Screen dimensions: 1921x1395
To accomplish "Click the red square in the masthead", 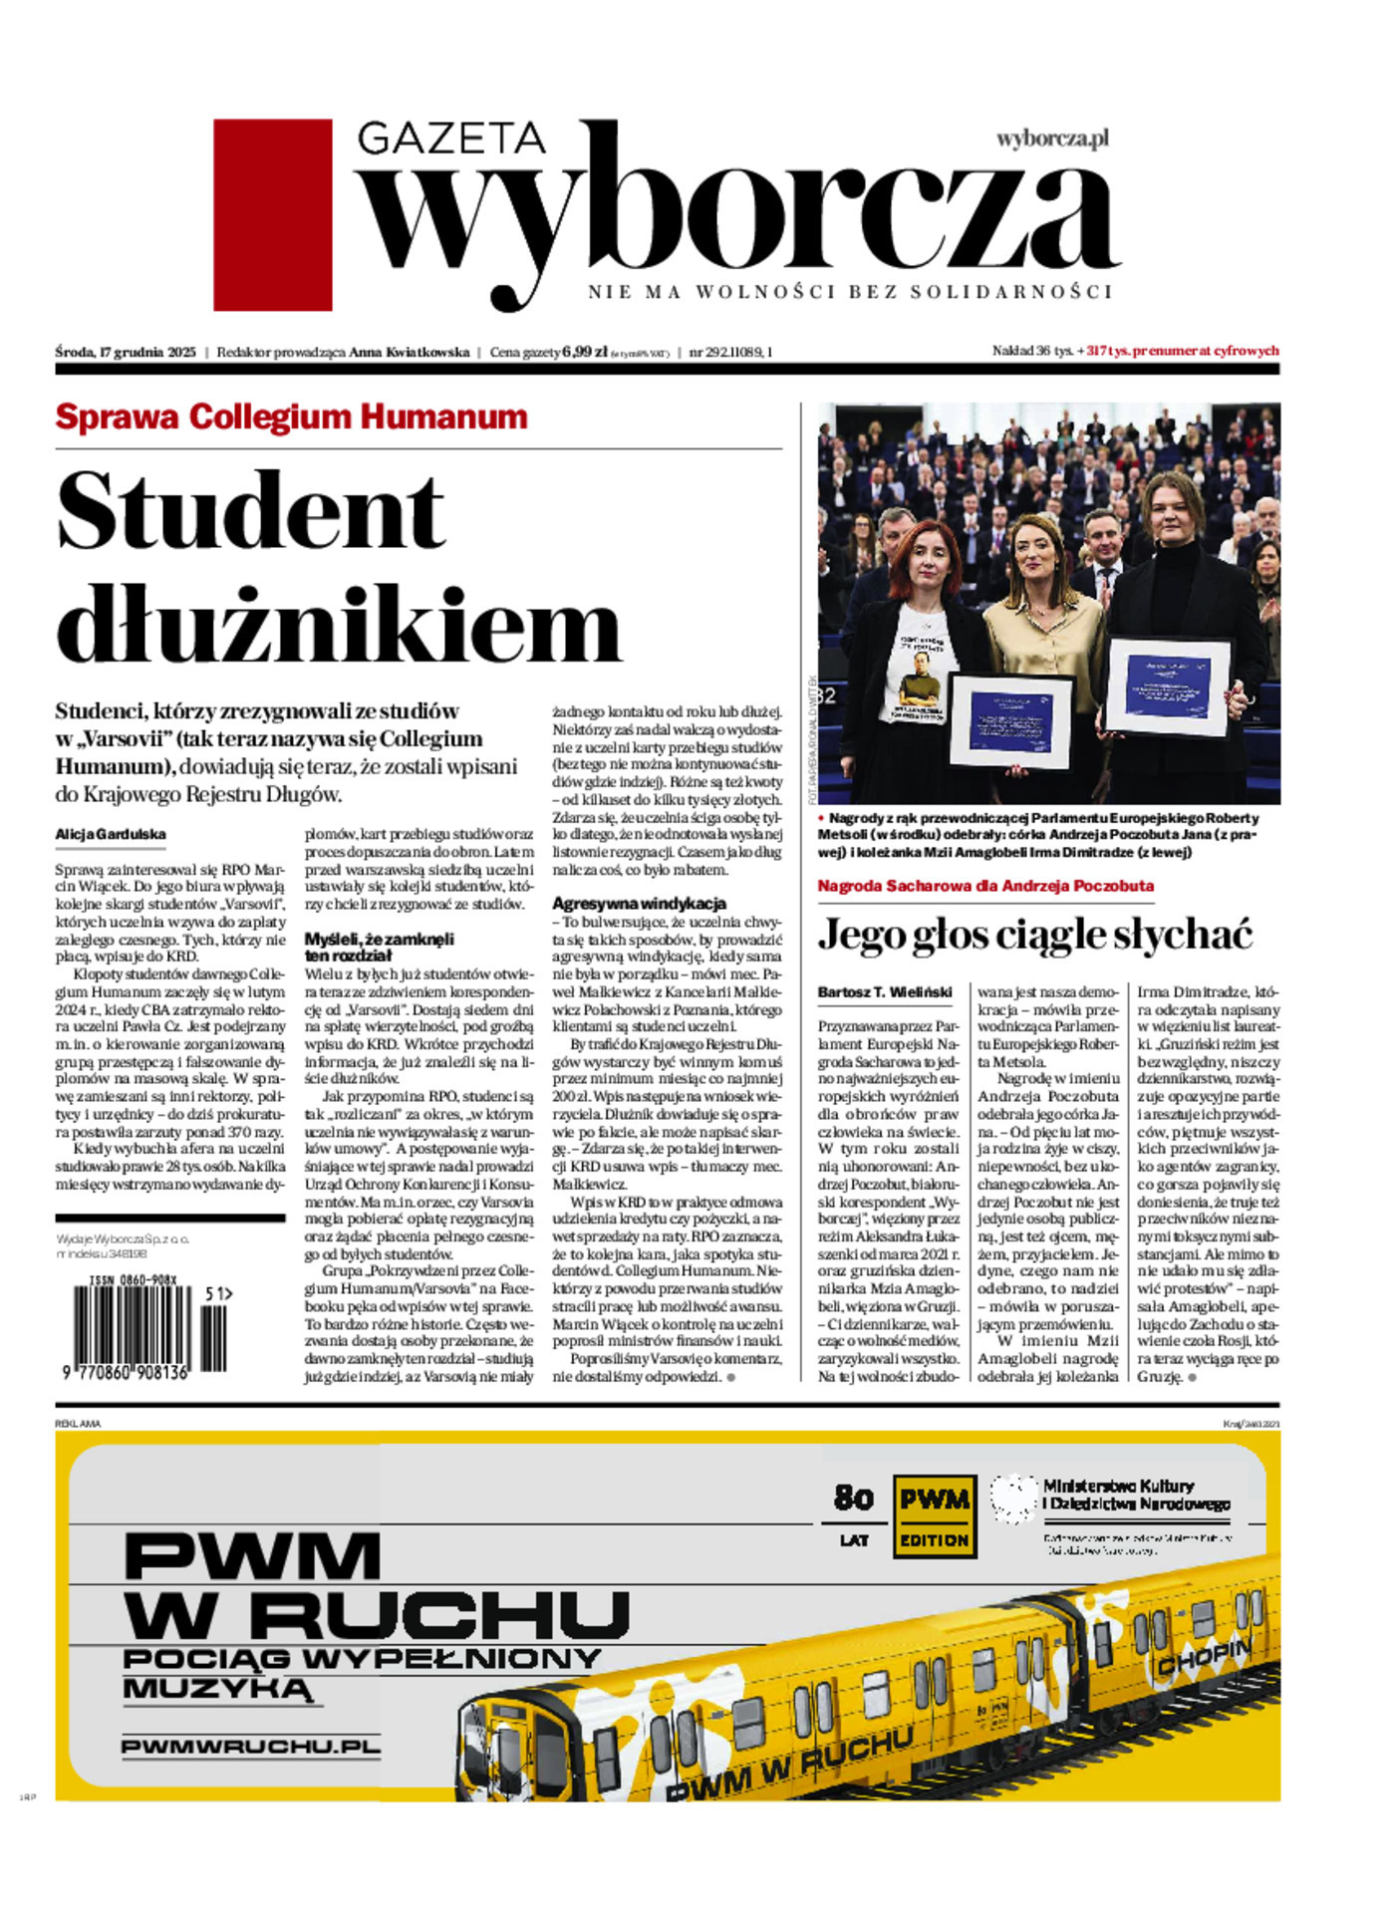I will coord(272,214).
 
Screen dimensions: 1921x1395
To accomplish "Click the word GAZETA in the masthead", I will coord(451,138).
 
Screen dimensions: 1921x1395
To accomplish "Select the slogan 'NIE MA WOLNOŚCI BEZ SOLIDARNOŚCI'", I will coord(849,293).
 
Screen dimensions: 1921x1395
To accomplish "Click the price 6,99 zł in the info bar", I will coord(584,352).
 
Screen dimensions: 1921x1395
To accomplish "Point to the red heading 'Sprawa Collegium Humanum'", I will coord(291,416).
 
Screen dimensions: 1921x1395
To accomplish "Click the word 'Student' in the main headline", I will coord(250,510).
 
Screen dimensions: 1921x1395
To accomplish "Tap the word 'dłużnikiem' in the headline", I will coord(339,625).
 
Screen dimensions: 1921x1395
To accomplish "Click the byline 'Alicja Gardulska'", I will coord(111,835).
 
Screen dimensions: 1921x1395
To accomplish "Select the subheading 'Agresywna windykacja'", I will coord(639,904).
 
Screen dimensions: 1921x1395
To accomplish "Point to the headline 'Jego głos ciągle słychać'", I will coord(1034,935).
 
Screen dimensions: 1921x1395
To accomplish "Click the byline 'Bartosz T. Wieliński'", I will coord(885,992).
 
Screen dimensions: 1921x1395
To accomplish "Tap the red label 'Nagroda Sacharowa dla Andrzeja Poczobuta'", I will coord(985,886).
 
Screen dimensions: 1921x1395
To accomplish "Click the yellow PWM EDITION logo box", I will coord(934,1516).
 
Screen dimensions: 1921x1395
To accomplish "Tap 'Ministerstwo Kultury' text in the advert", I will coord(1118,1486).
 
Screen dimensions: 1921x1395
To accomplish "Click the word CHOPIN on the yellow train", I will coord(1204,1659).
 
